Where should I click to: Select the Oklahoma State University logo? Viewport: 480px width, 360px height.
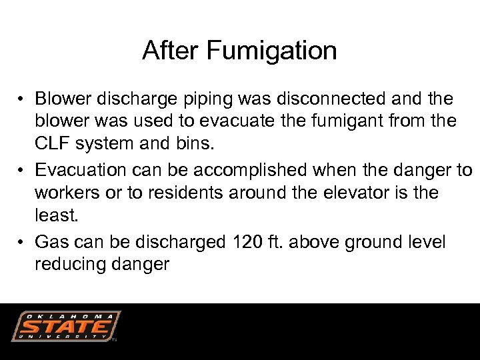[x=65, y=327]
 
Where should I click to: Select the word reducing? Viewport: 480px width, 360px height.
[x=67, y=265]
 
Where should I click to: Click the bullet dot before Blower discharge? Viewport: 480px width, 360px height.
[x=22, y=100]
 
